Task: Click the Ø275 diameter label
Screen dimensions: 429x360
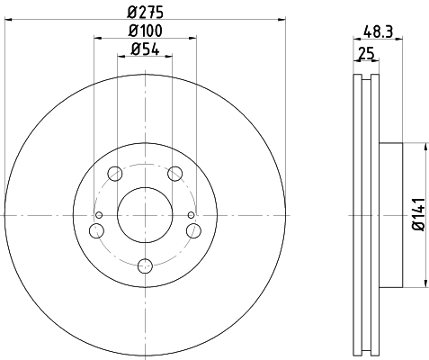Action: point(146,13)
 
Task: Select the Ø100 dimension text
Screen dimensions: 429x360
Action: point(146,31)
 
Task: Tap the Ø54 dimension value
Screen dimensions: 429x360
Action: point(145,49)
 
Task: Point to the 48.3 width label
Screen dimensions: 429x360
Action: point(378,31)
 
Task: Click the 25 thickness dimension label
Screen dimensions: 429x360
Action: point(367,54)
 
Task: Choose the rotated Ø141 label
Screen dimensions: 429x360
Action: point(419,214)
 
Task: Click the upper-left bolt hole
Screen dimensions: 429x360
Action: point(115,174)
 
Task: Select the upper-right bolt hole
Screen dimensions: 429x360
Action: point(175,174)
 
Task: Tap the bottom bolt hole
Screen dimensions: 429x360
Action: point(145,265)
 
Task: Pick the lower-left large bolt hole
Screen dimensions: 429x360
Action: point(96,230)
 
